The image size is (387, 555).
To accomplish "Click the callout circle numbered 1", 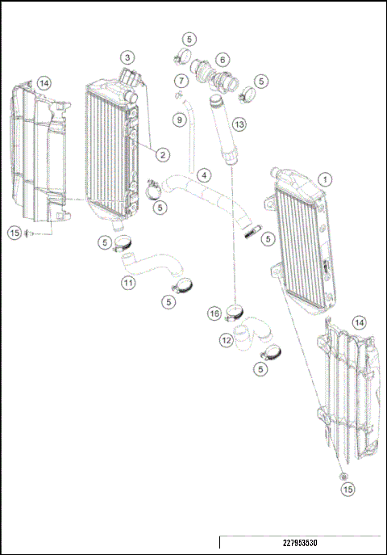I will (325, 178).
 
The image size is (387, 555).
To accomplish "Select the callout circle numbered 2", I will (162, 153).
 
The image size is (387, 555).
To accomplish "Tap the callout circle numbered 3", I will (127, 57).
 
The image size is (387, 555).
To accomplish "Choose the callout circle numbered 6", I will (222, 59).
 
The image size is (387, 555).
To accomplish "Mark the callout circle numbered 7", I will (181, 81).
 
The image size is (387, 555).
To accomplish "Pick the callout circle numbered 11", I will (127, 283).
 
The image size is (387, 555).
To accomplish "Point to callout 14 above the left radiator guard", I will (44, 82).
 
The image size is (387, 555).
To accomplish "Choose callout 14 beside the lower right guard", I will (359, 322).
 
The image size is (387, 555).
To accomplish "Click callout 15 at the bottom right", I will (347, 490).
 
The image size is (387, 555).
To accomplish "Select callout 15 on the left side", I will (15, 233).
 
